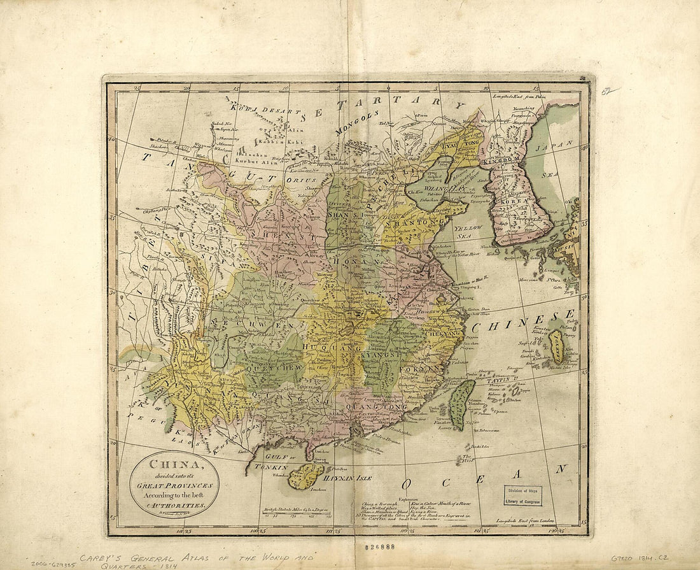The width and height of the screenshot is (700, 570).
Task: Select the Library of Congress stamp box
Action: pyautogui.click(x=523, y=496)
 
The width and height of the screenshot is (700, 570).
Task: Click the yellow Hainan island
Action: pyautogui.click(x=305, y=476)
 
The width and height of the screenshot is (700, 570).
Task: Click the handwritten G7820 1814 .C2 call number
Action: pyautogui.click(x=639, y=558)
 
